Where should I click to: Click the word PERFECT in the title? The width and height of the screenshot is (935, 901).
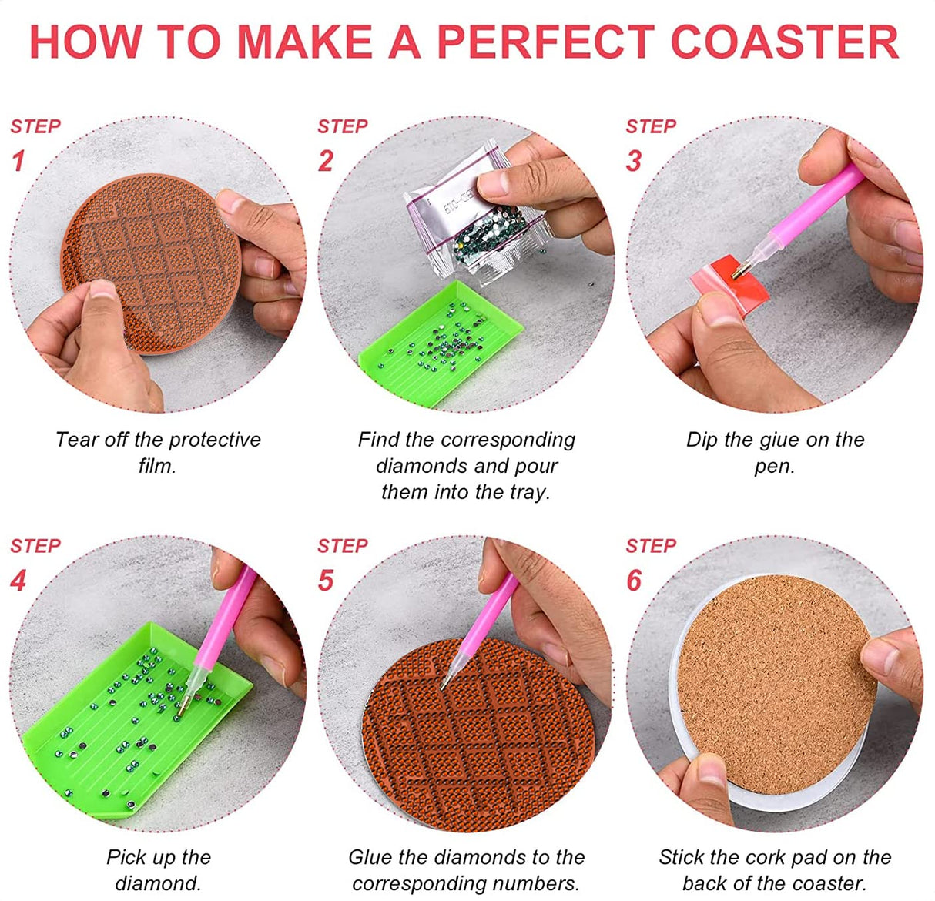(x=546, y=42)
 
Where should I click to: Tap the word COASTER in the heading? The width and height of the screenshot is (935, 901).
(x=785, y=42)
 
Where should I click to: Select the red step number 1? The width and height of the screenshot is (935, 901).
(x=18, y=161)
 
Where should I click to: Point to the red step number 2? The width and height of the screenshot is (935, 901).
(x=326, y=161)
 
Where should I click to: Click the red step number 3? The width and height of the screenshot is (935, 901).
(x=634, y=161)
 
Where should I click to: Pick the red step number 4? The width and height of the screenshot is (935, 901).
(x=18, y=581)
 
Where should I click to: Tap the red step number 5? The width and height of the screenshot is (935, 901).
(x=326, y=581)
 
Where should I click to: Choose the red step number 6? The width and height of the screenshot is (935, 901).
(x=634, y=581)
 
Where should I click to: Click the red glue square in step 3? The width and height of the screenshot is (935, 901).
(x=729, y=284)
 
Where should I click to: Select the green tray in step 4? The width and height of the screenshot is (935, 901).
(x=137, y=721)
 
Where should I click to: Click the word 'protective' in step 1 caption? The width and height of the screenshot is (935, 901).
(x=215, y=440)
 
